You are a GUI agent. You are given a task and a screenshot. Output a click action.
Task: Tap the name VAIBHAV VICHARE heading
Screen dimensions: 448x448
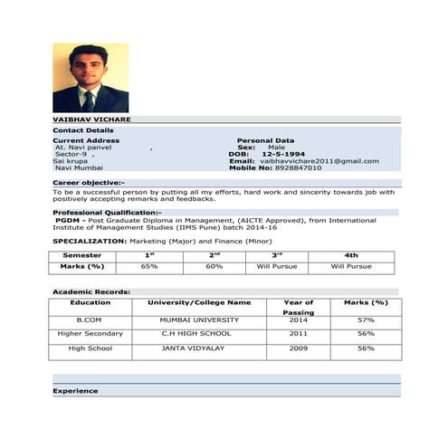click(91, 119)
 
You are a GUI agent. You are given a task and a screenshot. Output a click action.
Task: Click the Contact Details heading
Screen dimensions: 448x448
click(77, 130)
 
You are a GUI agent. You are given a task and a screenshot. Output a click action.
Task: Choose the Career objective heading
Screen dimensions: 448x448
click(89, 183)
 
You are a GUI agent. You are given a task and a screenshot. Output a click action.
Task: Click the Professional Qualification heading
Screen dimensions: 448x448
click(107, 212)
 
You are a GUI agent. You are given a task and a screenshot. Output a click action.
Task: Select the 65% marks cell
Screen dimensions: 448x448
click(149, 267)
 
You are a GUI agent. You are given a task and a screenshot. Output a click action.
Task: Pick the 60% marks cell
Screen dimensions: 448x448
click(214, 267)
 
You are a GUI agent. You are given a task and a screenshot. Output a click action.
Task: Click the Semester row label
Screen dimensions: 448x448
click(81, 255)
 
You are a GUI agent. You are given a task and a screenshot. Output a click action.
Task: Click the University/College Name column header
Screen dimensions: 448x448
click(199, 302)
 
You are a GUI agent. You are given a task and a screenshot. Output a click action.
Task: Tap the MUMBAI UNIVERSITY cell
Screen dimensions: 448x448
click(199, 320)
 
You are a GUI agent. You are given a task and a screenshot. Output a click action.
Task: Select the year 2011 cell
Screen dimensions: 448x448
click(299, 334)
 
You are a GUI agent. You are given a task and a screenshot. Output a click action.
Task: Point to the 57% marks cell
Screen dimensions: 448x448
click(366, 320)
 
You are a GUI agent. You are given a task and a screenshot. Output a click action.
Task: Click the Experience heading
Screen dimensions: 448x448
click(75, 391)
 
